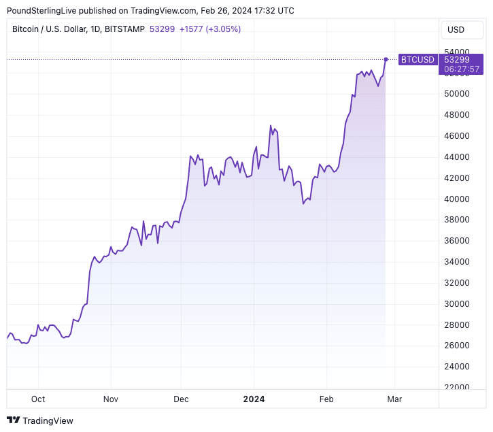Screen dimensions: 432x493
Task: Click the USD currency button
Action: coord(456,29)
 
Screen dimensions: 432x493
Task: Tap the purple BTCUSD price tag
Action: coord(418,60)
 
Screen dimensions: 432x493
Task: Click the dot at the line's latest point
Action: coord(386,60)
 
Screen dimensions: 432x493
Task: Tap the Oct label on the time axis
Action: coord(38,399)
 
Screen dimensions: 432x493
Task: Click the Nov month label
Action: coord(111,399)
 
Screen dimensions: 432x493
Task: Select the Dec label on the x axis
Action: coord(182,399)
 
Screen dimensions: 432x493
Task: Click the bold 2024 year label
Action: coord(254,399)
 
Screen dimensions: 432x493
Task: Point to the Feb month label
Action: coord(327,399)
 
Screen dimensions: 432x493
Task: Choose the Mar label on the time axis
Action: coord(394,399)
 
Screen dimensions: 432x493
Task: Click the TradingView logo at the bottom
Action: coord(40,420)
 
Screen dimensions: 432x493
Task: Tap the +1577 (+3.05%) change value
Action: coord(209,29)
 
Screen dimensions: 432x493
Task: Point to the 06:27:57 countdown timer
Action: coord(462,69)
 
